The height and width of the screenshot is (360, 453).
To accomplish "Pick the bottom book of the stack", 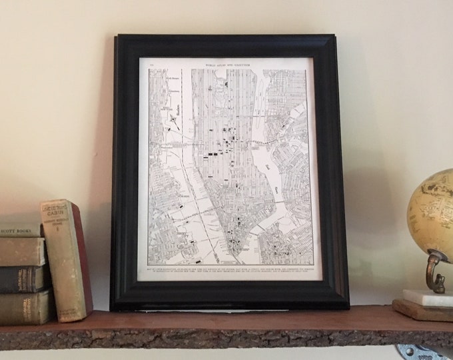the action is pos(25,307).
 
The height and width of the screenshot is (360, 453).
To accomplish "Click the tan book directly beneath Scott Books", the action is pos(22,251).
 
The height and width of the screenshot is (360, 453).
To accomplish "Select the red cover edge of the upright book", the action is pos(84,260).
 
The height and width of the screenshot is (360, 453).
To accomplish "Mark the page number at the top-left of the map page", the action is pos(151,63).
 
